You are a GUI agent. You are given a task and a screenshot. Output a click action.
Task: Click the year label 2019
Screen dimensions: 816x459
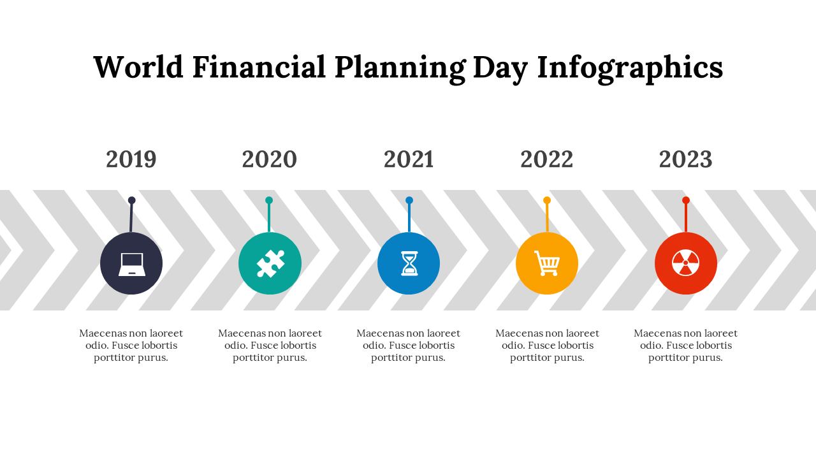tap(131, 159)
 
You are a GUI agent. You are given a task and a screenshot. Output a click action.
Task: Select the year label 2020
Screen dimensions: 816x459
tap(270, 159)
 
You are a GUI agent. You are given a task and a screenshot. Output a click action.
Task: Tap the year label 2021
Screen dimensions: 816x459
tap(409, 159)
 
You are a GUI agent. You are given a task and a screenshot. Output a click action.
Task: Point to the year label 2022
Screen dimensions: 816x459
tap(547, 159)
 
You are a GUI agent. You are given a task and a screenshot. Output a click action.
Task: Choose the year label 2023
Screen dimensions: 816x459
tap(685, 159)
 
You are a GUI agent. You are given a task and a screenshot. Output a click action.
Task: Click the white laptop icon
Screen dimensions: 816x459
tap(132, 265)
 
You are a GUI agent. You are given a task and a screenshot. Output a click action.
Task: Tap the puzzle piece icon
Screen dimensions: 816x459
tap(270, 263)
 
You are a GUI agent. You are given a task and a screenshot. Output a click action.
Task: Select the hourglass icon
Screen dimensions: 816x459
tap(409, 263)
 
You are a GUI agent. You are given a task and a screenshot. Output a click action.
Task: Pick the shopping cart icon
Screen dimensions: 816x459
tap(547, 263)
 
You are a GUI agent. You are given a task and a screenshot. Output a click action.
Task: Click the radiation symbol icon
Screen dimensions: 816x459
tap(685, 263)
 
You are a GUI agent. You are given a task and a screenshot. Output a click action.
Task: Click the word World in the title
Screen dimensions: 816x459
tap(138, 67)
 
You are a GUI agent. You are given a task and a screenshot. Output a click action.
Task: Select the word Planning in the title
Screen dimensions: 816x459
tap(400, 69)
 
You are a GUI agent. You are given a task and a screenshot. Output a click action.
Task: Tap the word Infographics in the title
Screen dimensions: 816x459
tap(630, 69)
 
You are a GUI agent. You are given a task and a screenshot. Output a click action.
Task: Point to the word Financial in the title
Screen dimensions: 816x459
tap(259, 67)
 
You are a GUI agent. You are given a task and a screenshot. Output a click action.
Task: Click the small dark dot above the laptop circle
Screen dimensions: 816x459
tap(132, 200)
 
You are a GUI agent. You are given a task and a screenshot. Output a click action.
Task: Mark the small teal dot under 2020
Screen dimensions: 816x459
tap(269, 200)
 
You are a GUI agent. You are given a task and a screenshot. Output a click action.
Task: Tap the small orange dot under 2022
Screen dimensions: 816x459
tap(547, 200)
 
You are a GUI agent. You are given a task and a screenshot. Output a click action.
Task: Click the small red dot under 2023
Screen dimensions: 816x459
tap(686, 200)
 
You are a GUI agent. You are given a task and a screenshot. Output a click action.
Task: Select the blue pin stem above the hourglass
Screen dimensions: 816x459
tap(409, 218)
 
